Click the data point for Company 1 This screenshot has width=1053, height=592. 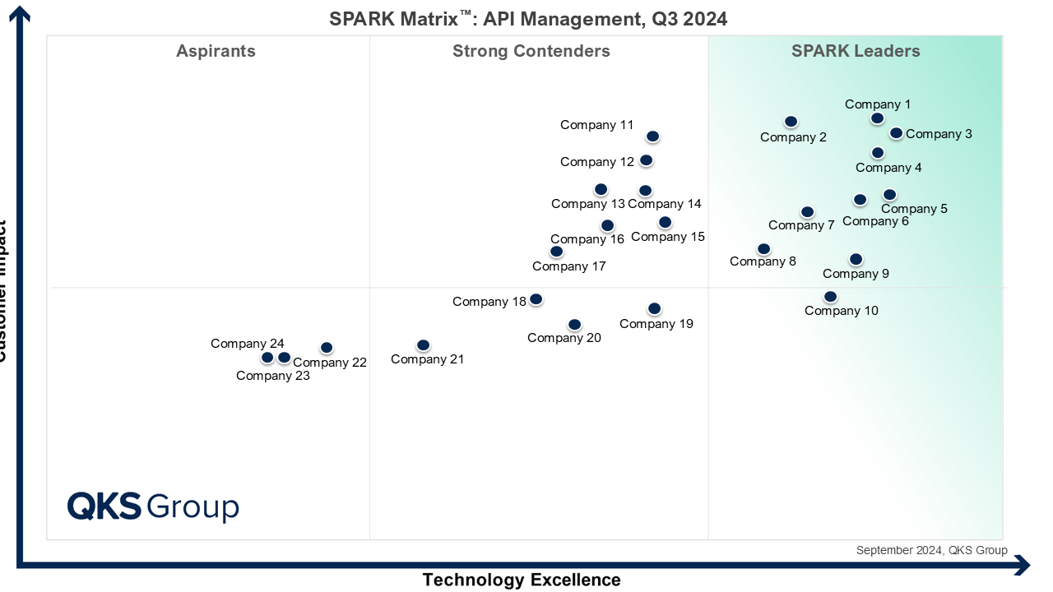pyautogui.click(x=878, y=118)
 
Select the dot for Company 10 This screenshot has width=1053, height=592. pyautogui.click(x=830, y=297)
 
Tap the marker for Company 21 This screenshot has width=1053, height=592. pyautogui.click(x=423, y=345)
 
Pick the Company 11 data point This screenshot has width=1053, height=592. pyautogui.click(x=652, y=136)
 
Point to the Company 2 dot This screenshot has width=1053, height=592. pyautogui.click(x=791, y=122)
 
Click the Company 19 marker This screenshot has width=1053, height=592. pyautogui.click(x=654, y=309)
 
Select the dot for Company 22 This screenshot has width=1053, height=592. pyautogui.click(x=327, y=348)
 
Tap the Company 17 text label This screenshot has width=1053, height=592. pyautogui.click(x=569, y=266)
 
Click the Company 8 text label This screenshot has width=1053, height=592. pyautogui.click(x=763, y=261)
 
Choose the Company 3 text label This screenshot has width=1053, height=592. pyautogui.click(x=939, y=134)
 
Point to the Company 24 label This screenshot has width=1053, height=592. pyautogui.click(x=248, y=344)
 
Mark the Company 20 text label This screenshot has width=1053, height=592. pyautogui.click(x=564, y=338)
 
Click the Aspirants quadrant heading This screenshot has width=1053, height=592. pyautogui.click(x=216, y=51)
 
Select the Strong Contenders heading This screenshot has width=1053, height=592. pyautogui.click(x=531, y=51)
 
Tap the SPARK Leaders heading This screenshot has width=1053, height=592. pyautogui.click(x=856, y=51)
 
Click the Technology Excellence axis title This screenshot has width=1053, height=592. pyautogui.click(x=522, y=580)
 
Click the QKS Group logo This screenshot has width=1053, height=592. pyautogui.click(x=153, y=506)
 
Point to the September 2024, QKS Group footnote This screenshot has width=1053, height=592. pyautogui.click(x=931, y=550)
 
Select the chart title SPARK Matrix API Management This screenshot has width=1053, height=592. pyautogui.click(x=528, y=18)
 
